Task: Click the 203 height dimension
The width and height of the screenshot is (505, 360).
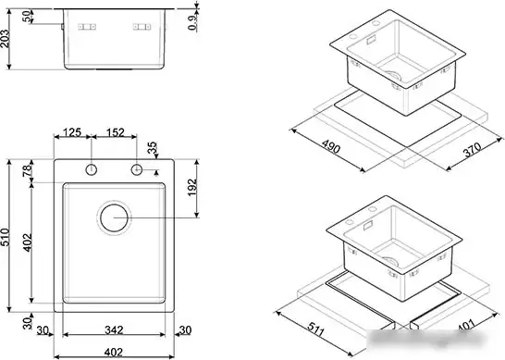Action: click(7, 36)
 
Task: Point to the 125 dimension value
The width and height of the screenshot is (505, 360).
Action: click(76, 132)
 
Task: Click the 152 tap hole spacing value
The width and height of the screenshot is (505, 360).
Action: click(116, 132)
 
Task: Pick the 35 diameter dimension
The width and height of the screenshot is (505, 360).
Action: click(152, 147)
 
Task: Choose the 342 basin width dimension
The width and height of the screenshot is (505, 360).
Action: click(114, 330)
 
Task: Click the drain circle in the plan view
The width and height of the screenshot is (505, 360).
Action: click(114, 218)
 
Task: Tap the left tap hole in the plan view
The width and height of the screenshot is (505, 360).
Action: click(92, 169)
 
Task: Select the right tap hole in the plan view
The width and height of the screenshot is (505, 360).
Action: click(138, 169)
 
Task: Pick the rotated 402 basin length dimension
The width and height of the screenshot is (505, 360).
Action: click(29, 243)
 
